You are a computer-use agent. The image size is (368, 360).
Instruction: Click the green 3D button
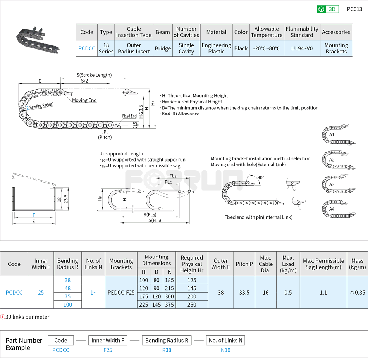(x=327, y=9)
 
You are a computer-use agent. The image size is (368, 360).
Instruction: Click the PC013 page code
(x=354, y=9)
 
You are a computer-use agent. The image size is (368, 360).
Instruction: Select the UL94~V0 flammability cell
(x=302, y=48)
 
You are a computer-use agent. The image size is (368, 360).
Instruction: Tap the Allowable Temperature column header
(x=266, y=32)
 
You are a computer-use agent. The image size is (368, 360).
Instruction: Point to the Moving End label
(x=84, y=100)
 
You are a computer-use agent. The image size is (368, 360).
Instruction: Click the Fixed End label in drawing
(x=129, y=116)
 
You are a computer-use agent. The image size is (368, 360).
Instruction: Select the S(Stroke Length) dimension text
(x=94, y=75)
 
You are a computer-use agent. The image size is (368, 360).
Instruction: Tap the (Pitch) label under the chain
(x=105, y=137)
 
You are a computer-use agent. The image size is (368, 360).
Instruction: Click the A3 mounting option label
(x=332, y=184)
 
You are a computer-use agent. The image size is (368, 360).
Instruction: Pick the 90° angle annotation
(x=260, y=177)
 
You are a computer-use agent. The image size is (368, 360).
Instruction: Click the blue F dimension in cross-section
(x=34, y=215)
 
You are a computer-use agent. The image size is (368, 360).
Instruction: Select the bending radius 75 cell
(x=68, y=296)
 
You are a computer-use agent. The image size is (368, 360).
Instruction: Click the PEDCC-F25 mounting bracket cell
(x=121, y=293)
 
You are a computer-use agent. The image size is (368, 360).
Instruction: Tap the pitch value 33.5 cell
(x=244, y=293)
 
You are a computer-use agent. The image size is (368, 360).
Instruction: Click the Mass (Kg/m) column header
(x=357, y=264)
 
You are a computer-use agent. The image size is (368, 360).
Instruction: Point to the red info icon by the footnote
(x=3, y=317)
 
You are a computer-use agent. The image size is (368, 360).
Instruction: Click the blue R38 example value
(x=166, y=350)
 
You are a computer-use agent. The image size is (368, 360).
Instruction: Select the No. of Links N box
(x=225, y=340)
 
